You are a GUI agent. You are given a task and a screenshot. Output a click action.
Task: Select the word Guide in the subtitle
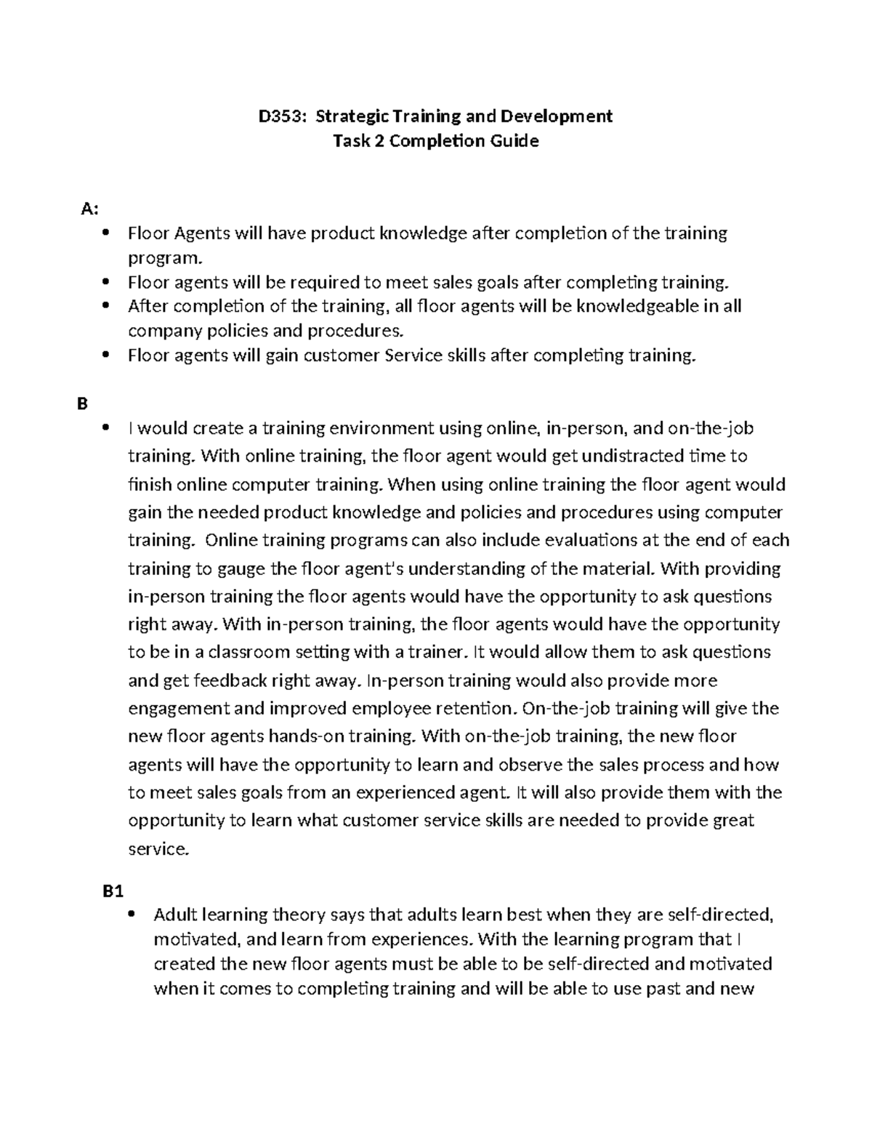tap(512, 141)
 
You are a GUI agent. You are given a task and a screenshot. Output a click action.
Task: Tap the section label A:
tap(89, 209)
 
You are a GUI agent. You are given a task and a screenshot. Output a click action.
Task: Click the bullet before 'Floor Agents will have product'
tap(107, 233)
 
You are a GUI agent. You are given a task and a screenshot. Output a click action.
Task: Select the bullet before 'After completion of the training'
tap(107, 306)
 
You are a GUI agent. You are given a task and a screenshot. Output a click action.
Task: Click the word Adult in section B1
tap(175, 914)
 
